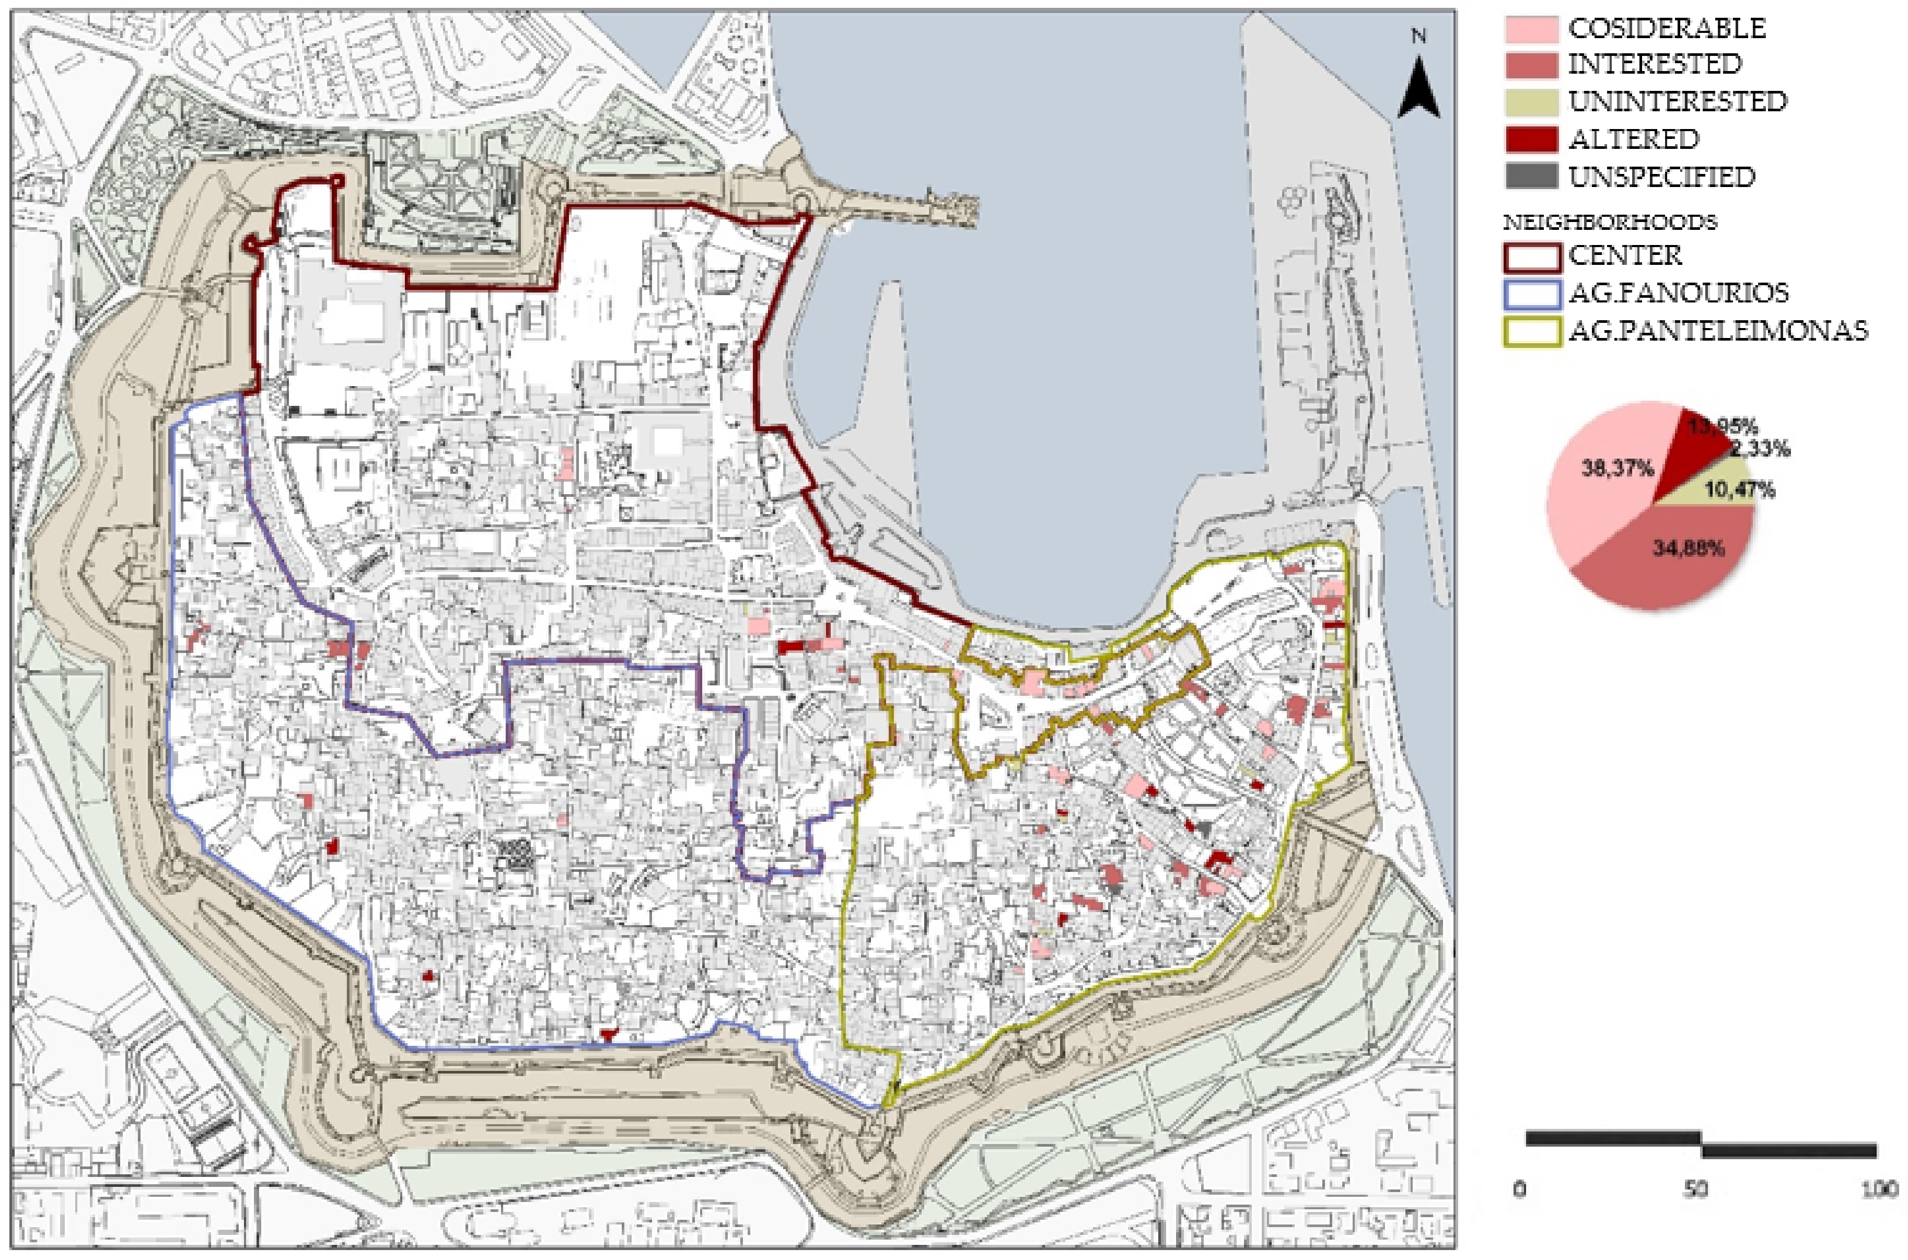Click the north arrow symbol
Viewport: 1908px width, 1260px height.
(x=1418, y=89)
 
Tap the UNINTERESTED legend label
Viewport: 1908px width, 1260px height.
(x=1677, y=101)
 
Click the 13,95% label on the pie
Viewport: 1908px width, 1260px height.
(x=1713, y=427)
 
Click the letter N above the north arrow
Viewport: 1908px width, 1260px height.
(x=1418, y=36)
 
